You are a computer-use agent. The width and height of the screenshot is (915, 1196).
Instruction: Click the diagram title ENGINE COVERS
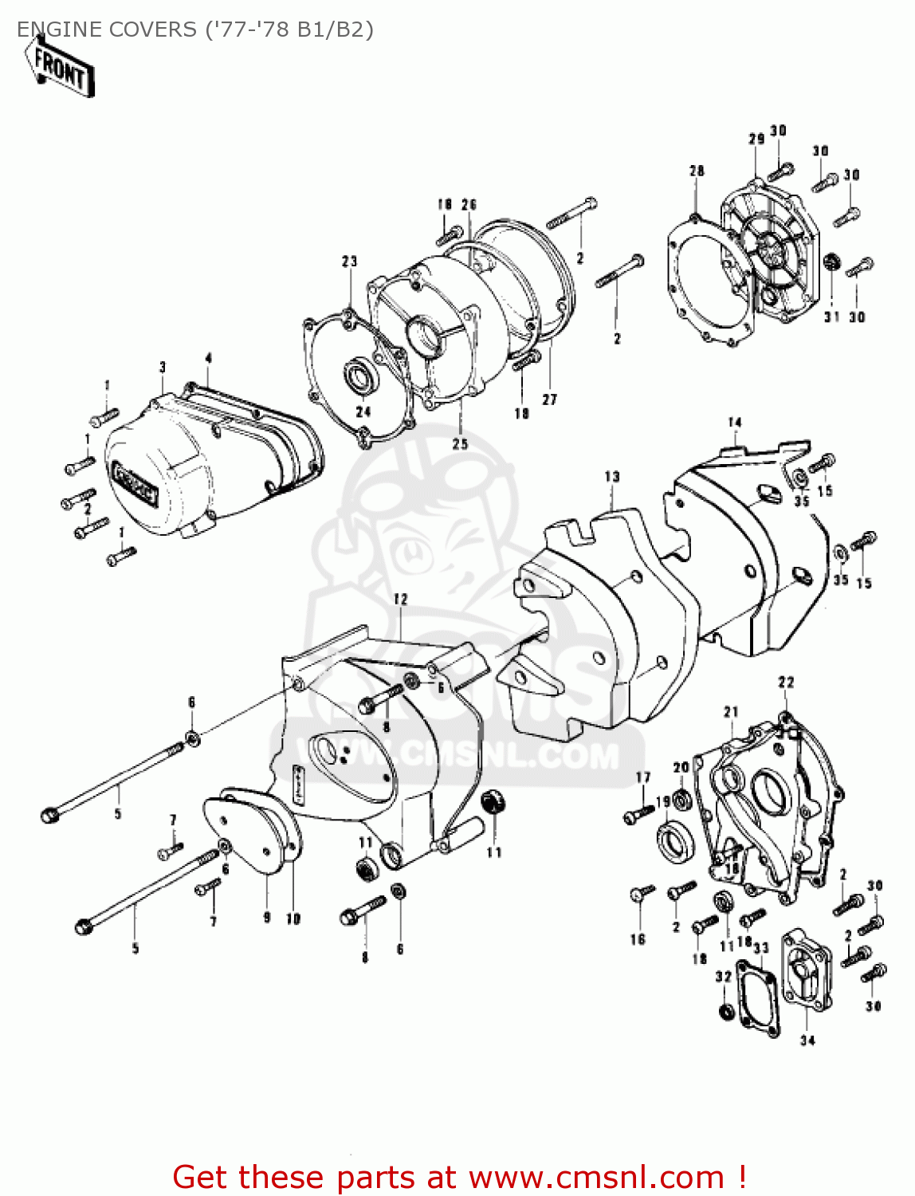click(107, 30)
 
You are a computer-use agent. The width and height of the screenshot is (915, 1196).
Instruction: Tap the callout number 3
click(163, 368)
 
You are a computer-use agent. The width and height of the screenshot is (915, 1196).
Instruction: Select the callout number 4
click(208, 359)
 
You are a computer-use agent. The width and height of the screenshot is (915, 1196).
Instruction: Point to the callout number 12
click(400, 599)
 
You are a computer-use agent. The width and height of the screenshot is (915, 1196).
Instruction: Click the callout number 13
click(611, 477)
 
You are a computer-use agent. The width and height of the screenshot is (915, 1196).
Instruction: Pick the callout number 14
click(734, 423)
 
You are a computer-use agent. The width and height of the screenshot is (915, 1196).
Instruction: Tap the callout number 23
click(350, 262)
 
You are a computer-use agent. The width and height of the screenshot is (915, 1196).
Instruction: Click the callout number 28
click(697, 171)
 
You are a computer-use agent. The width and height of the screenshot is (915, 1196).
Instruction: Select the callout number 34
click(807, 1040)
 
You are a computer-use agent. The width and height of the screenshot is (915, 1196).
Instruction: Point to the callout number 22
click(786, 683)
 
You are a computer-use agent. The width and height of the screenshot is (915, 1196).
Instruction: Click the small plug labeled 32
click(725, 1011)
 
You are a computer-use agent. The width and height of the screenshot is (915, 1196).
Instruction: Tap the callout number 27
click(549, 399)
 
